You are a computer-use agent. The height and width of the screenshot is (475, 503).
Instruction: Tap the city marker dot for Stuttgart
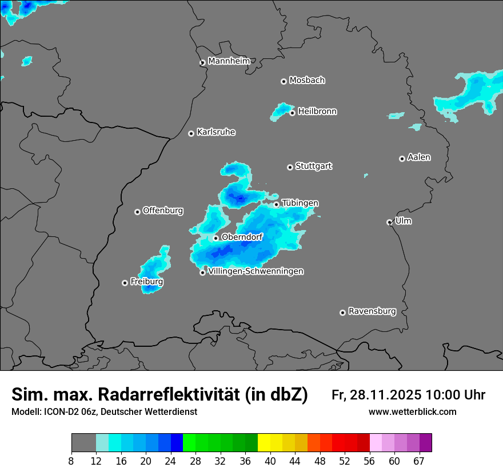click(x=290, y=167)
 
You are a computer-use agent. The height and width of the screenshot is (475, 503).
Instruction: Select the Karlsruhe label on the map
click(x=216, y=132)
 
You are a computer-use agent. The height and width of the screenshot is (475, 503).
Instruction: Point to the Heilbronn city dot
click(x=292, y=113)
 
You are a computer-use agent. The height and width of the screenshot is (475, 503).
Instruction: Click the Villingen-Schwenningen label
click(x=256, y=271)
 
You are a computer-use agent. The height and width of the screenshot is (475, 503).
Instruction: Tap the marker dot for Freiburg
click(x=125, y=283)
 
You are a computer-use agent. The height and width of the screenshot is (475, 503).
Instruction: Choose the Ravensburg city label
click(x=372, y=311)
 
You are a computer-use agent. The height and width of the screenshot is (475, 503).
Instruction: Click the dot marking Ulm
click(x=389, y=222)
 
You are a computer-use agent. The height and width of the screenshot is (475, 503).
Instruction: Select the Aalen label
click(x=419, y=157)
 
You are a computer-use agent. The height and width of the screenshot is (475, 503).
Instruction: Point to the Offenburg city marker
click(x=137, y=212)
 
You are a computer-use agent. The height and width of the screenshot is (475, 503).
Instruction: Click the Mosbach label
click(x=307, y=80)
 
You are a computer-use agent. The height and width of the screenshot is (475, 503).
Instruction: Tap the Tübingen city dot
click(x=277, y=204)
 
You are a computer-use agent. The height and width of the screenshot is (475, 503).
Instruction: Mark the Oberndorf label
click(x=242, y=237)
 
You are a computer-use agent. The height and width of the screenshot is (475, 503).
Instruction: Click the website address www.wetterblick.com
click(x=412, y=411)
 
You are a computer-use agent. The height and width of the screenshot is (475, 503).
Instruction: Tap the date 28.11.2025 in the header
click(x=384, y=395)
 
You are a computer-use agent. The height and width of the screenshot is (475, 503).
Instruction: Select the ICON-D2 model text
click(x=66, y=411)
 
